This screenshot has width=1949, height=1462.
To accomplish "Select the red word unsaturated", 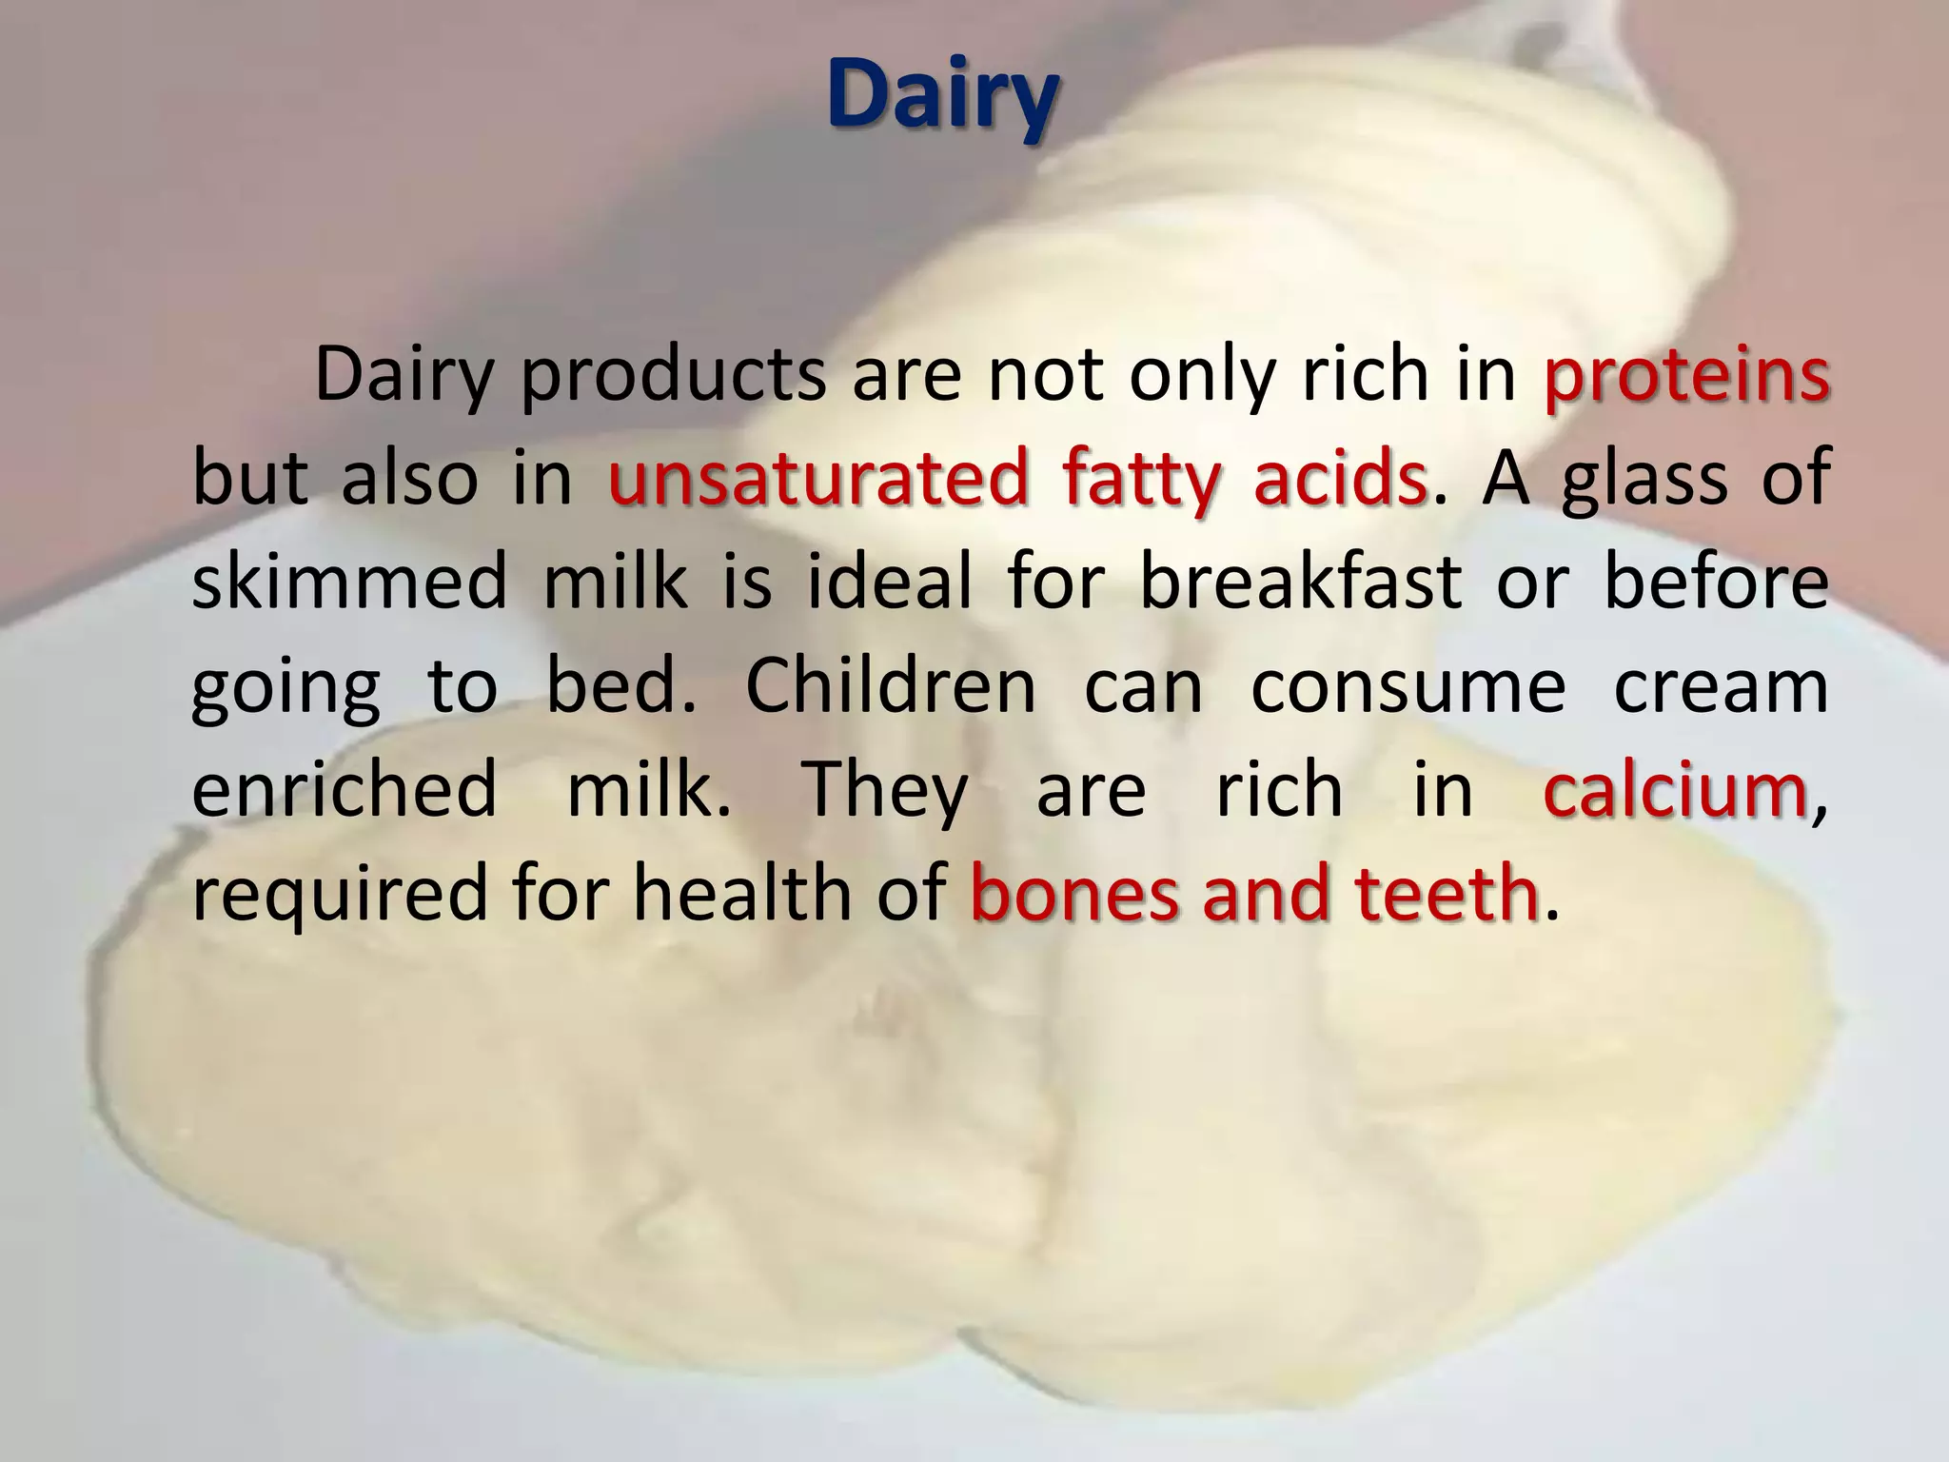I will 817,479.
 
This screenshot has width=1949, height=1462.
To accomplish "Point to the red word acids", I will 1340,479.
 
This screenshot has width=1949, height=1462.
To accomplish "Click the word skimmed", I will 349,583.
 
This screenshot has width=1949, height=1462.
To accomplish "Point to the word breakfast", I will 1301,583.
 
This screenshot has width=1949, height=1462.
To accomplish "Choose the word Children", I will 890,686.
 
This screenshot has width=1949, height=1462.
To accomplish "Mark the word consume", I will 1408,686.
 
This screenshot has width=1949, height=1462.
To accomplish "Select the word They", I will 885,792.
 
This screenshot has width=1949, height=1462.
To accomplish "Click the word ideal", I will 891,583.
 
